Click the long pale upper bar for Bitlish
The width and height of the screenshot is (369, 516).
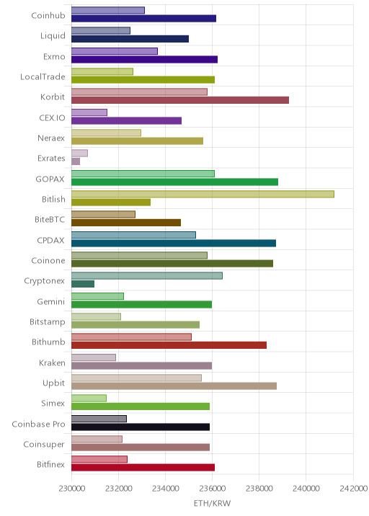point(203,194)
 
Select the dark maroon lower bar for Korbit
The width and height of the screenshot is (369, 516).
point(180,100)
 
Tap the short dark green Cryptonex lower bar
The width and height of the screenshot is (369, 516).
point(83,284)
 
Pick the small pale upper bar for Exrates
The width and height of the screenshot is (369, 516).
point(80,153)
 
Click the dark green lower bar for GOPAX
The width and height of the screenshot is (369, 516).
point(175,182)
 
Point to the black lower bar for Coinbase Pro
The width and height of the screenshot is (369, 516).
point(141,427)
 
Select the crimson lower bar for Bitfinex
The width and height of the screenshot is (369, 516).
point(143,467)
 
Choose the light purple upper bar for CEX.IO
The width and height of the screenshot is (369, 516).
point(89,112)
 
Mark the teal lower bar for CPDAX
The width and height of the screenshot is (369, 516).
point(174,243)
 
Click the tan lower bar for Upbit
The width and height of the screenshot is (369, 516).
point(174,386)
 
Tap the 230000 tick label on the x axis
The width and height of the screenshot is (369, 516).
point(72,489)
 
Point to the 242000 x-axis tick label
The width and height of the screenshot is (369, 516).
point(353,489)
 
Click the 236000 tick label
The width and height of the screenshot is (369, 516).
point(213,489)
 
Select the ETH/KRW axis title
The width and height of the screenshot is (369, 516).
point(213,503)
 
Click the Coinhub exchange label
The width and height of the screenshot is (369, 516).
point(48,15)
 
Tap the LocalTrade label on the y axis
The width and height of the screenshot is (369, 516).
point(43,76)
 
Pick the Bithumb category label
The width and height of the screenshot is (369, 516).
point(48,342)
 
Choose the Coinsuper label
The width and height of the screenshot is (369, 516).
point(44,445)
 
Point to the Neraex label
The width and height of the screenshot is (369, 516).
point(51,138)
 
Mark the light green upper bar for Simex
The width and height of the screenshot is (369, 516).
point(89,399)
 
